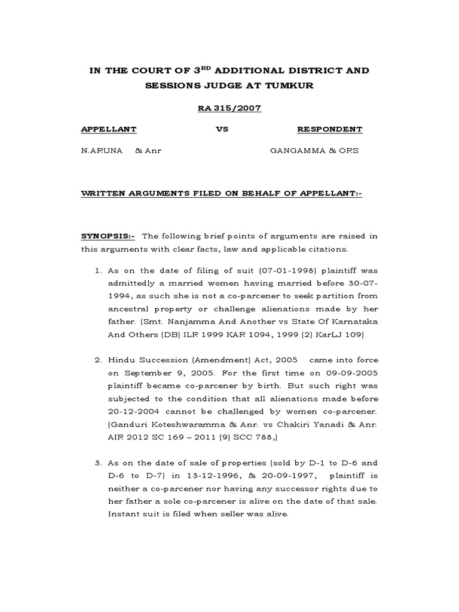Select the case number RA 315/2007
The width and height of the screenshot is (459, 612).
coord(229,108)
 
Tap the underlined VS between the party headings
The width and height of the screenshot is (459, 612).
coord(221,129)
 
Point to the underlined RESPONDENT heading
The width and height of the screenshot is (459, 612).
coord(329,129)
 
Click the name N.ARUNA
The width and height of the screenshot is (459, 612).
coord(102,151)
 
